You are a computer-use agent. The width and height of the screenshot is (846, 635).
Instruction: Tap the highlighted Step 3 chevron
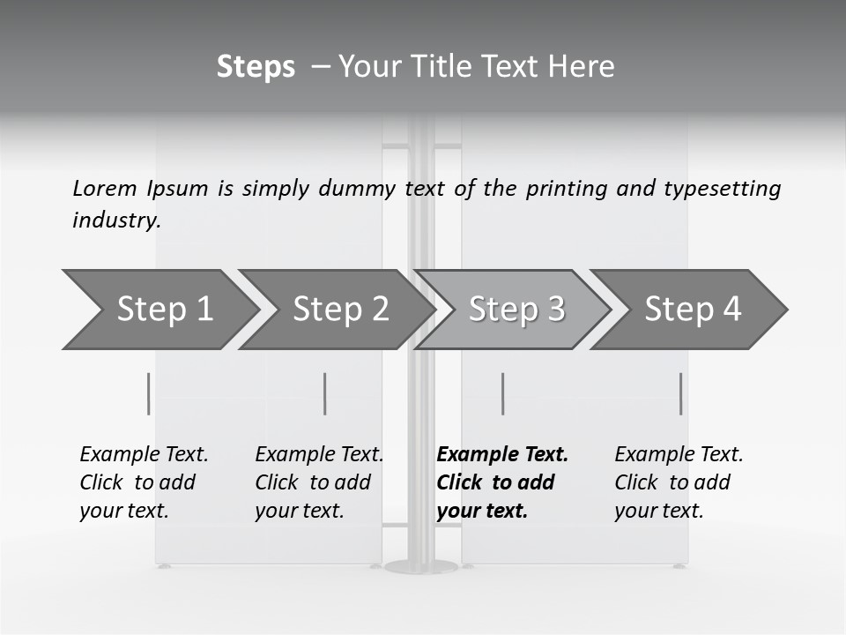pyautogui.click(x=516, y=310)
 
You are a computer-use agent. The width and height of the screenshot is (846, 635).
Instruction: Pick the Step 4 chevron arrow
pyautogui.click(x=693, y=310)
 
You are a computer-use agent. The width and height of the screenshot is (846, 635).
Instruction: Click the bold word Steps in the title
pyautogui.click(x=256, y=67)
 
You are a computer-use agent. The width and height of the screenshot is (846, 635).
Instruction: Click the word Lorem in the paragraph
pyautogui.click(x=104, y=188)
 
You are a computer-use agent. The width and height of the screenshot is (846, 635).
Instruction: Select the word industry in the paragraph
pyautogui.click(x=116, y=220)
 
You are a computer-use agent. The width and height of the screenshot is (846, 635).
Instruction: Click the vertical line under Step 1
pyautogui.click(x=148, y=393)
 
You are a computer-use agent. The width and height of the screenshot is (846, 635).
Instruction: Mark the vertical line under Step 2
pyautogui.click(x=325, y=393)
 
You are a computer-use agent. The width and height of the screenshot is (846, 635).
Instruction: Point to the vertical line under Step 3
pyautogui.click(x=502, y=393)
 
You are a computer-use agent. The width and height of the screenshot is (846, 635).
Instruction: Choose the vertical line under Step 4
pyautogui.click(x=680, y=393)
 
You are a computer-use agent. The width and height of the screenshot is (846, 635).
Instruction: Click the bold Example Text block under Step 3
pyautogui.click(x=502, y=482)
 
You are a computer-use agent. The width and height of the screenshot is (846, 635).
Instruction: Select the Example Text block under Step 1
pyautogui.click(x=144, y=482)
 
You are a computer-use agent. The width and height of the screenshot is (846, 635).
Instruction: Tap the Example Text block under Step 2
pyautogui.click(x=319, y=482)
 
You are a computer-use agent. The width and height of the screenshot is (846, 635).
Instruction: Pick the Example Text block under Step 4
pyautogui.click(x=679, y=482)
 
